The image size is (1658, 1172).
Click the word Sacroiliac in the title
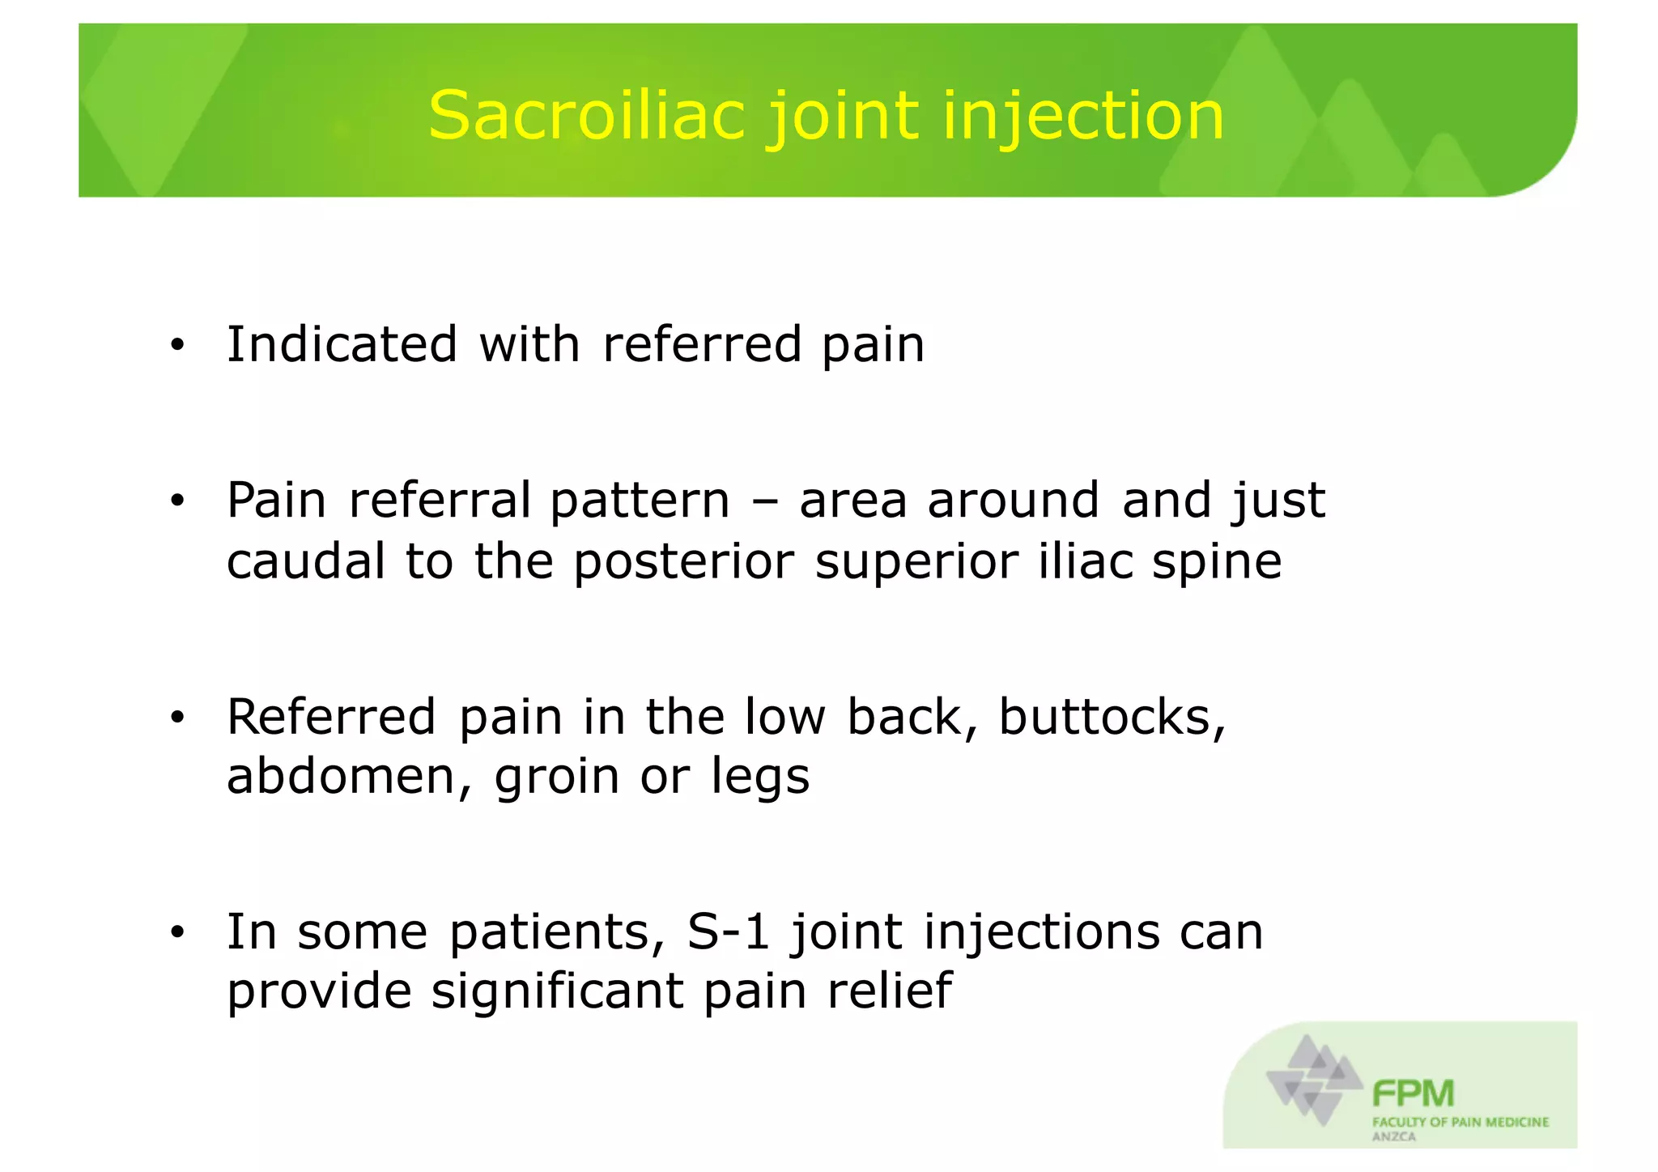tap(586, 116)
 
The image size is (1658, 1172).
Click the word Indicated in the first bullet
tap(342, 344)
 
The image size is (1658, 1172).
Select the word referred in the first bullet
tap(702, 344)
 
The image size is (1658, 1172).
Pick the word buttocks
tap(1112, 717)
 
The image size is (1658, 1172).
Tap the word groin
tap(557, 778)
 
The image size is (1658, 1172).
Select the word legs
tap(760, 778)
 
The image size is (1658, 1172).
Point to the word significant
tap(557, 991)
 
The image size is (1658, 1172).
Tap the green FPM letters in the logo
tap(1413, 1093)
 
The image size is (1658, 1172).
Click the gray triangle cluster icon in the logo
tap(1314, 1079)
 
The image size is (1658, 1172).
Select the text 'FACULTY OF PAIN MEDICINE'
tap(1460, 1122)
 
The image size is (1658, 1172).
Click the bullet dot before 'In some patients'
tap(177, 933)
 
